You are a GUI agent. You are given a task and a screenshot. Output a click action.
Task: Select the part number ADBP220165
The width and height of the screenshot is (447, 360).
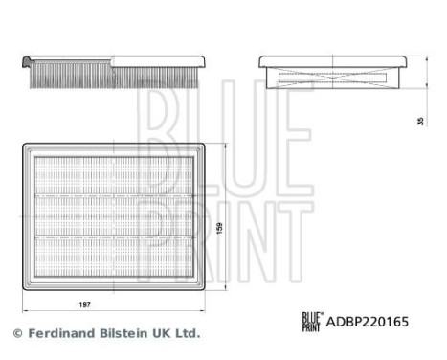(369, 323)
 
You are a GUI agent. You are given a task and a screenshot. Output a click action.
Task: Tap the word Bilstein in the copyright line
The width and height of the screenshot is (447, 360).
(126, 334)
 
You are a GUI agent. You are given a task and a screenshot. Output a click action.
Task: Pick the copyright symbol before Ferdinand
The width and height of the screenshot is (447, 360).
(16, 334)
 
